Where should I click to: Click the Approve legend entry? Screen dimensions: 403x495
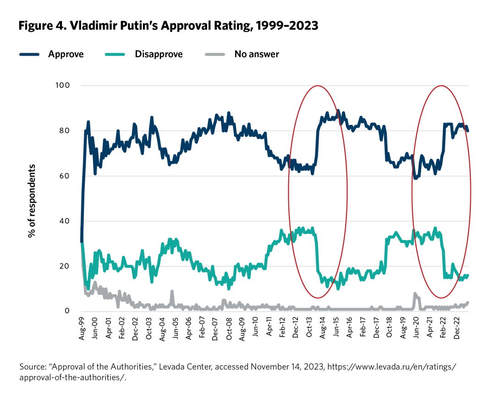(x=66, y=54)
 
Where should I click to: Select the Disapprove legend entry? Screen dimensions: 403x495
(x=159, y=54)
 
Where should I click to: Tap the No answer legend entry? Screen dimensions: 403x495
(x=257, y=54)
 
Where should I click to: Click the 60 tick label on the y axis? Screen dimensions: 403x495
(x=64, y=176)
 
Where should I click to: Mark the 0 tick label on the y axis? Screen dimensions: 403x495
(x=66, y=311)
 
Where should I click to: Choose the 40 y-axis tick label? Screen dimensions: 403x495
(x=64, y=221)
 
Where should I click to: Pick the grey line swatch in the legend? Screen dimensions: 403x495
(x=214, y=54)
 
